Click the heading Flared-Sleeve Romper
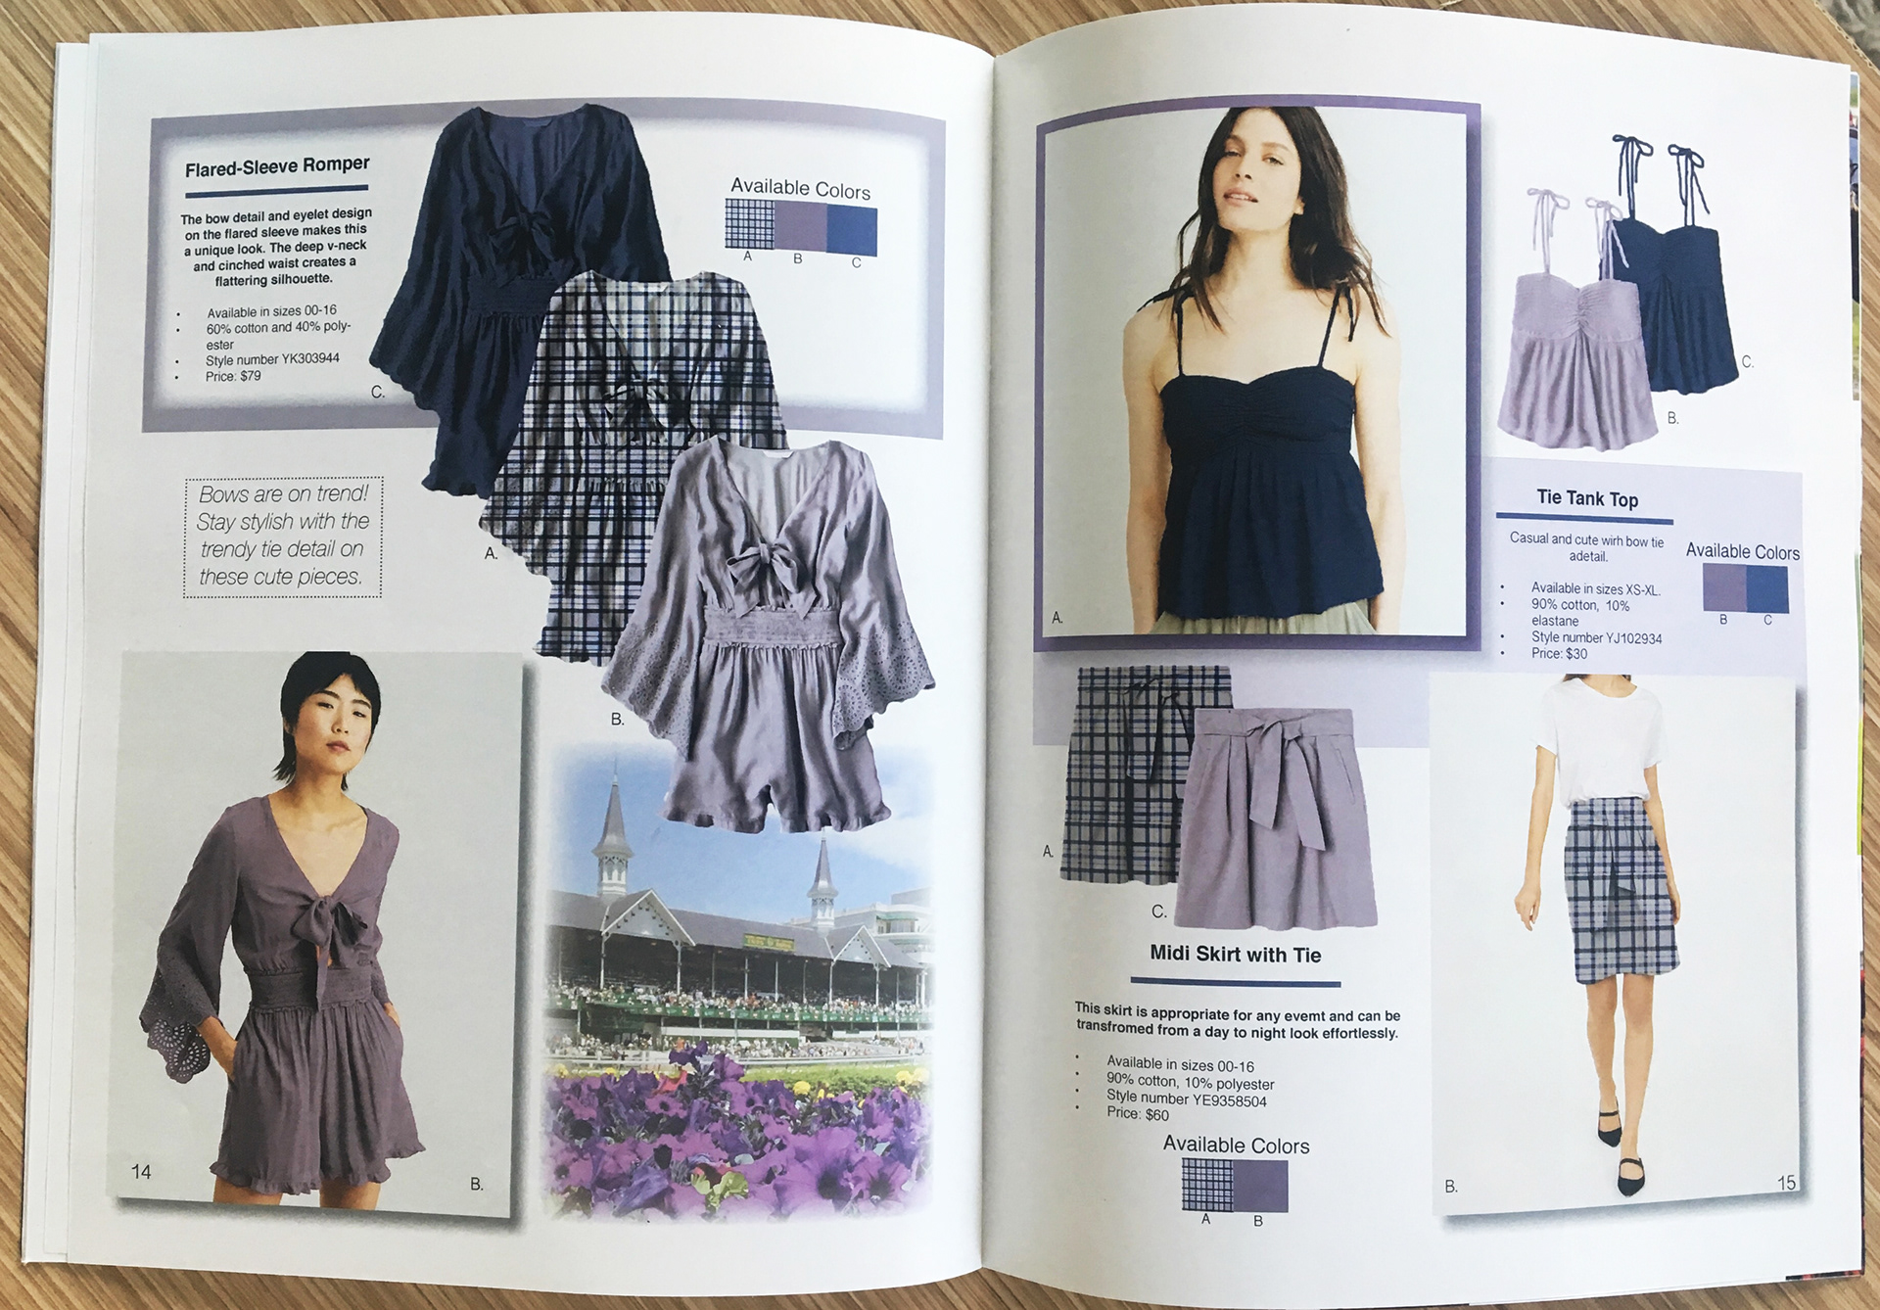point(277,166)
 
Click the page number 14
point(141,1171)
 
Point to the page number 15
point(1786,1183)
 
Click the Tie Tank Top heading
point(1587,498)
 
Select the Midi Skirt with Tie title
point(1236,954)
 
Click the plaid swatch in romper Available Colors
point(749,224)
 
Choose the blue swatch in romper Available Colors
point(852,230)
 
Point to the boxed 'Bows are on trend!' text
point(282,536)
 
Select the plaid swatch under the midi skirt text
point(1208,1185)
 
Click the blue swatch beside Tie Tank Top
point(1767,589)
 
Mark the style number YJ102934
point(1596,637)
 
